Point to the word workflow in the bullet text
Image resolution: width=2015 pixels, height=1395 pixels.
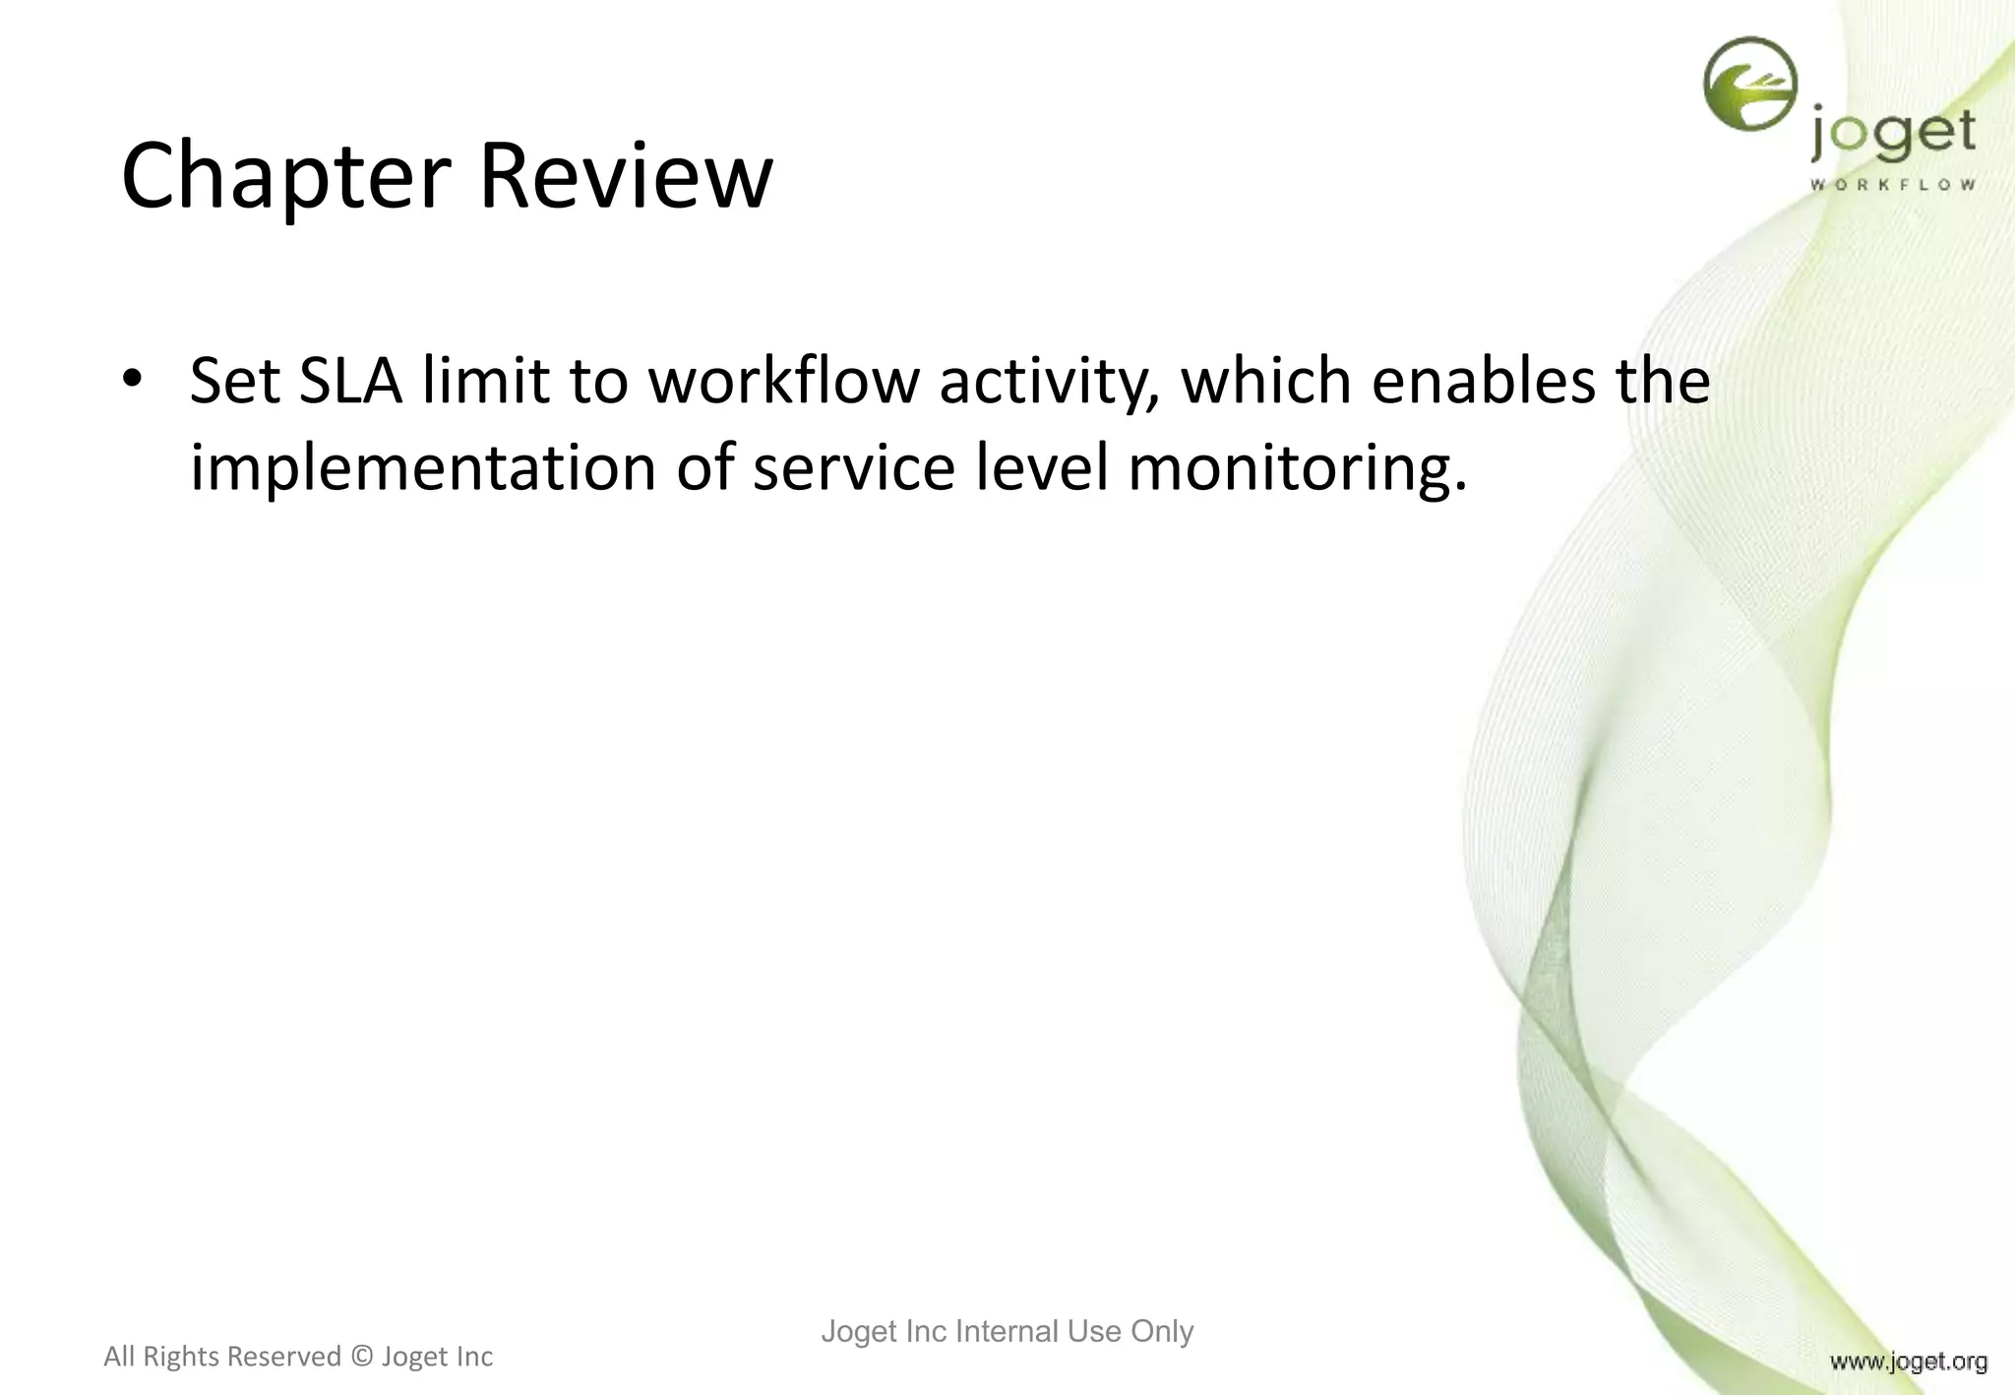(x=782, y=381)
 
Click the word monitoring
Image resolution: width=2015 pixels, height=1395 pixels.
(x=1297, y=470)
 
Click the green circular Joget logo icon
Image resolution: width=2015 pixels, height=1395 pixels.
(x=1749, y=84)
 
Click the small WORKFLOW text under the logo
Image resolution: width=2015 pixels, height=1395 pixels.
(x=1892, y=185)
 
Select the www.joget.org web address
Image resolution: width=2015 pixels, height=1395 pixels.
(x=1908, y=1362)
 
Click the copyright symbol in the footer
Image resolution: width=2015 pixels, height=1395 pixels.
(x=362, y=1357)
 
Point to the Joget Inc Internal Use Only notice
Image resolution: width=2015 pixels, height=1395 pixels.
(x=1007, y=1331)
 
